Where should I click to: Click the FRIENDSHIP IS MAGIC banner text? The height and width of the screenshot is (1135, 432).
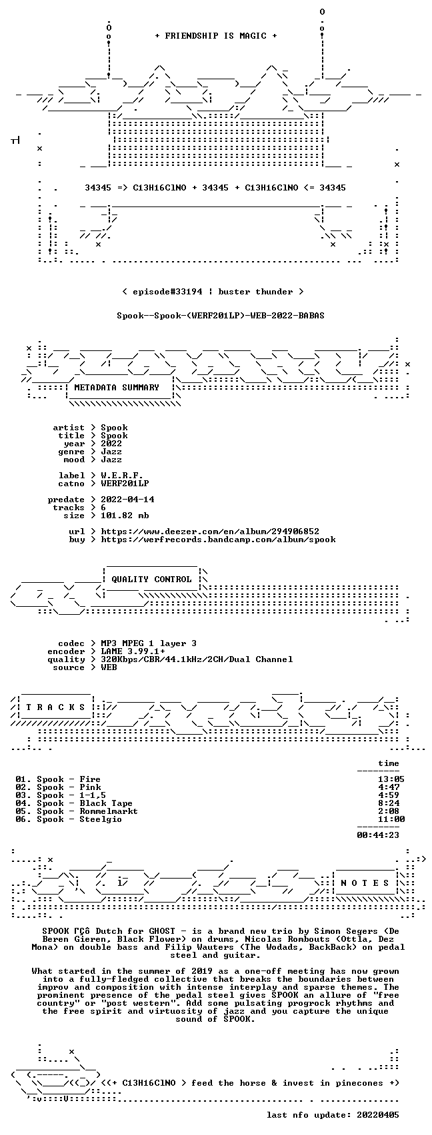(x=216, y=36)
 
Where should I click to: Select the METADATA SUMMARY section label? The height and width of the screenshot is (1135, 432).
(x=117, y=388)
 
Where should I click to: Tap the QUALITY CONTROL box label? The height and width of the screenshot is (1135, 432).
(x=151, y=579)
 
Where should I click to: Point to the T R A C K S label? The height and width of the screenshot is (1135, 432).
(x=56, y=707)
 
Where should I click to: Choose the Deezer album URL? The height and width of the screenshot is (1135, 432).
(x=210, y=532)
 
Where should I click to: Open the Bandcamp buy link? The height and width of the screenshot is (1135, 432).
(x=218, y=540)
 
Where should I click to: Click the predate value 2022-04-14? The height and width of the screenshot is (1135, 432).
(x=127, y=500)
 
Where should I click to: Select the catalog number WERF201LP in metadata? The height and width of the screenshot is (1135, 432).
(x=125, y=484)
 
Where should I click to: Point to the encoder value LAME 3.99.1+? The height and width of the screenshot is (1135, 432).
(x=133, y=651)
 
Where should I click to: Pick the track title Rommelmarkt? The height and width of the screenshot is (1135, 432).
(x=109, y=811)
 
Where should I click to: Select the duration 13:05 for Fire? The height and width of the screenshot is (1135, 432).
(x=391, y=779)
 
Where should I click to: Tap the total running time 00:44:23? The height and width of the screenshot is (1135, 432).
(x=378, y=835)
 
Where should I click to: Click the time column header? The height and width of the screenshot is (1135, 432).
(x=389, y=763)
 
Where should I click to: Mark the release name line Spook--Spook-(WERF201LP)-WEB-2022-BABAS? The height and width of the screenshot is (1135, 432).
(x=221, y=316)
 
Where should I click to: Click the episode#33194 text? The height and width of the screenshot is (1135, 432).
(x=167, y=292)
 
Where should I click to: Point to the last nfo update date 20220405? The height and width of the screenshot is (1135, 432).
(x=378, y=1115)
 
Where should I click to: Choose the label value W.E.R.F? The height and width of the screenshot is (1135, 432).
(x=122, y=476)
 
